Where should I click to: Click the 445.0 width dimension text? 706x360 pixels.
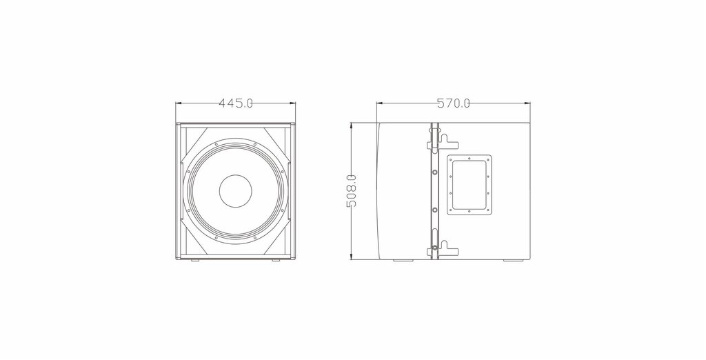point(236,103)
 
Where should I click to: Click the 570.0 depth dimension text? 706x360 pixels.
point(454,103)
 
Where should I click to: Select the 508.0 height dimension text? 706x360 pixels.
point(352,191)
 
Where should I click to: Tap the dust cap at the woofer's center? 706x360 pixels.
point(236,191)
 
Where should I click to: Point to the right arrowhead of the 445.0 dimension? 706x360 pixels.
point(292,103)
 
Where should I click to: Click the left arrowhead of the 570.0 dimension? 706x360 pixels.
point(380,103)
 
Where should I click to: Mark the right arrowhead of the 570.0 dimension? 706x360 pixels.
point(527,103)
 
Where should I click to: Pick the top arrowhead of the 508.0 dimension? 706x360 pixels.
point(352,126)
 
